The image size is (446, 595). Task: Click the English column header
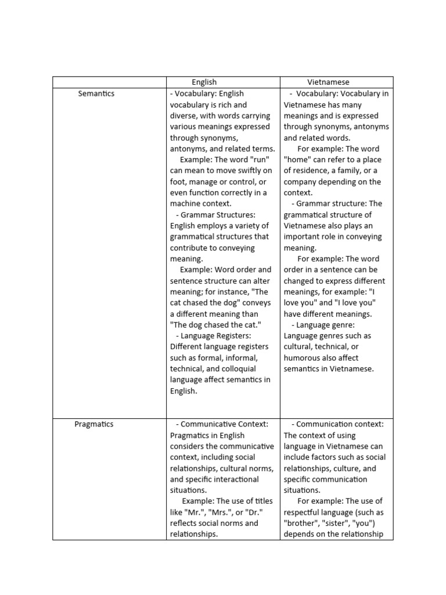204,83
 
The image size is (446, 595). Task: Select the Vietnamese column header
328,83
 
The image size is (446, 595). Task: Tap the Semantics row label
96,94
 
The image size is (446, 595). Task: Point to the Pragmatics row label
94,424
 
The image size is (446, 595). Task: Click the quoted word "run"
260,160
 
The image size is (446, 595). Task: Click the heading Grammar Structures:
218,215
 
